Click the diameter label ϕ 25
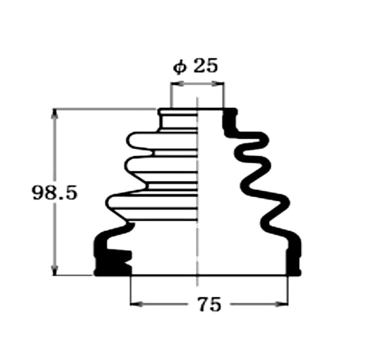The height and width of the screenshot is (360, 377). point(195,66)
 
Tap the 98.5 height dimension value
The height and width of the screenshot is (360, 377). point(55,192)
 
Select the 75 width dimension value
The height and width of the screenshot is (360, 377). point(209,305)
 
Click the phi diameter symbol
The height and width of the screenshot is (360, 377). point(179,68)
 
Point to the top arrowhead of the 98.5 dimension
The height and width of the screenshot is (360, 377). point(55,114)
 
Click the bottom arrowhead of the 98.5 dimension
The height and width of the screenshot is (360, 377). point(55,270)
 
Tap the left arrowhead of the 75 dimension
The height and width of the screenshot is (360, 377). point(136,305)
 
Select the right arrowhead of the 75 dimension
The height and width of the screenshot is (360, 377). point(282,305)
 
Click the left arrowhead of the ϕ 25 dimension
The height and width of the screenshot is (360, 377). point(177,84)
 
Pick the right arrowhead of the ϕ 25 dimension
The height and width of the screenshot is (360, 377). point(218,84)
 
